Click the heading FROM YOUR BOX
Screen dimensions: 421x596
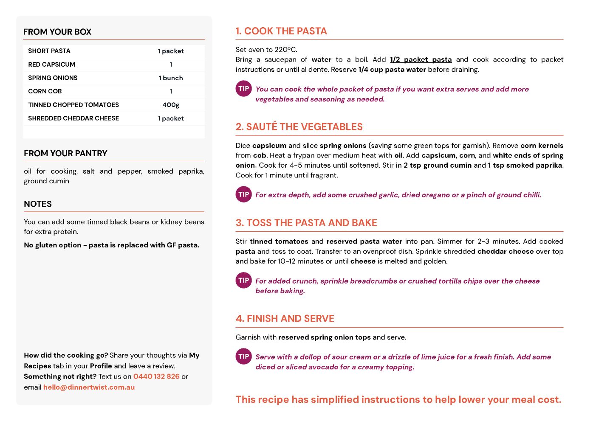point(57,32)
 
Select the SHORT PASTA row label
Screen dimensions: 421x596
point(49,51)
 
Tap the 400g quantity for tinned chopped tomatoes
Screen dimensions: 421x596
point(171,105)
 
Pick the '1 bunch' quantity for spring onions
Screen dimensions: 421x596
point(171,78)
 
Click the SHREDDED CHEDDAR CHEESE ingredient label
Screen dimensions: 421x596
point(73,118)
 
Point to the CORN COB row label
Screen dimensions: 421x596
point(45,91)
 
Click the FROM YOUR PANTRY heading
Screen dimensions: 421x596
point(65,153)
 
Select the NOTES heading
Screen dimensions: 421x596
point(38,204)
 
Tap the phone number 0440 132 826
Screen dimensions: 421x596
point(156,376)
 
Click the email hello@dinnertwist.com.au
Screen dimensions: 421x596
point(89,387)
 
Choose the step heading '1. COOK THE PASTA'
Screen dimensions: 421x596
point(281,31)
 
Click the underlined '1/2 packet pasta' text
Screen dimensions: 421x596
point(421,60)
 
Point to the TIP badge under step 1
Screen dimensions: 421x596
point(244,89)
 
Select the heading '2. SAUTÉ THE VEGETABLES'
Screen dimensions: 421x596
point(299,127)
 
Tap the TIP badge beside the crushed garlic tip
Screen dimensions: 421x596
point(244,194)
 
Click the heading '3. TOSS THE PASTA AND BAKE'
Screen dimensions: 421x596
point(306,223)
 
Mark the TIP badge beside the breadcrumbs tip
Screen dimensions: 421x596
point(244,280)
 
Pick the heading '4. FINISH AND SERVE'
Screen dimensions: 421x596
point(285,319)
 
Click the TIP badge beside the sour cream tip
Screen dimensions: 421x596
point(244,356)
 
